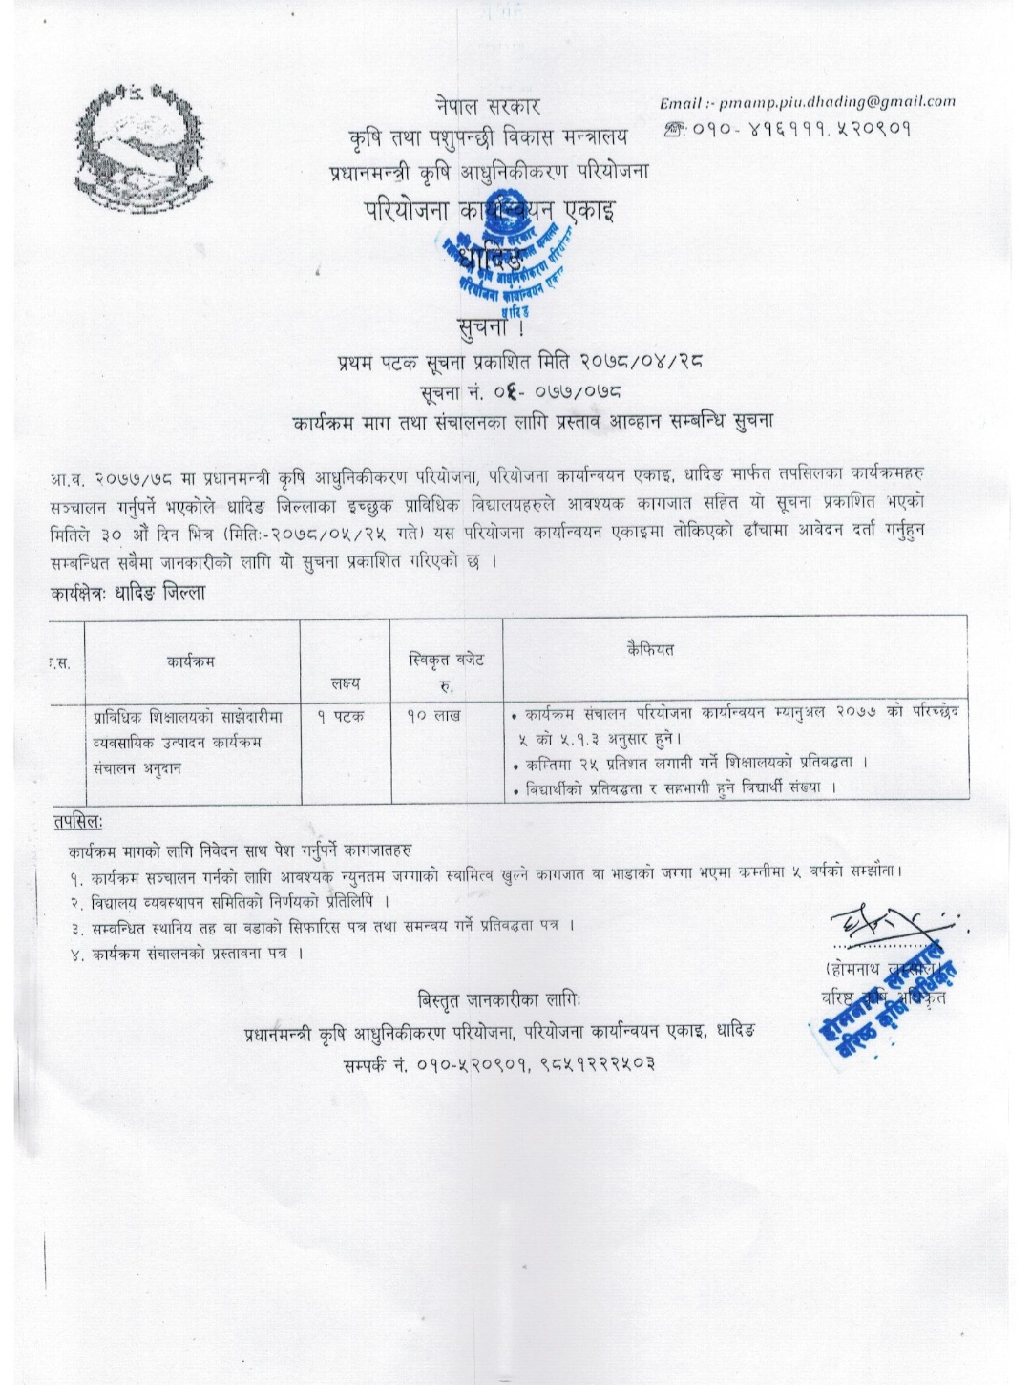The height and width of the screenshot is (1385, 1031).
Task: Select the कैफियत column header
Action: [x=650, y=649]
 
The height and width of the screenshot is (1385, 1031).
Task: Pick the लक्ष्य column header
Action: [x=346, y=683]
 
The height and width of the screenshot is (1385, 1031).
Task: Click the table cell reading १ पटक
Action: [x=341, y=715]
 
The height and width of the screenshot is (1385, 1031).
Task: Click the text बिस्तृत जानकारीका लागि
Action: [x=498, y=1001]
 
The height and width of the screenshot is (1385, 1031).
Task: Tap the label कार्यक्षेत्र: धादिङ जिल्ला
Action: [x=128, y=593]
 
